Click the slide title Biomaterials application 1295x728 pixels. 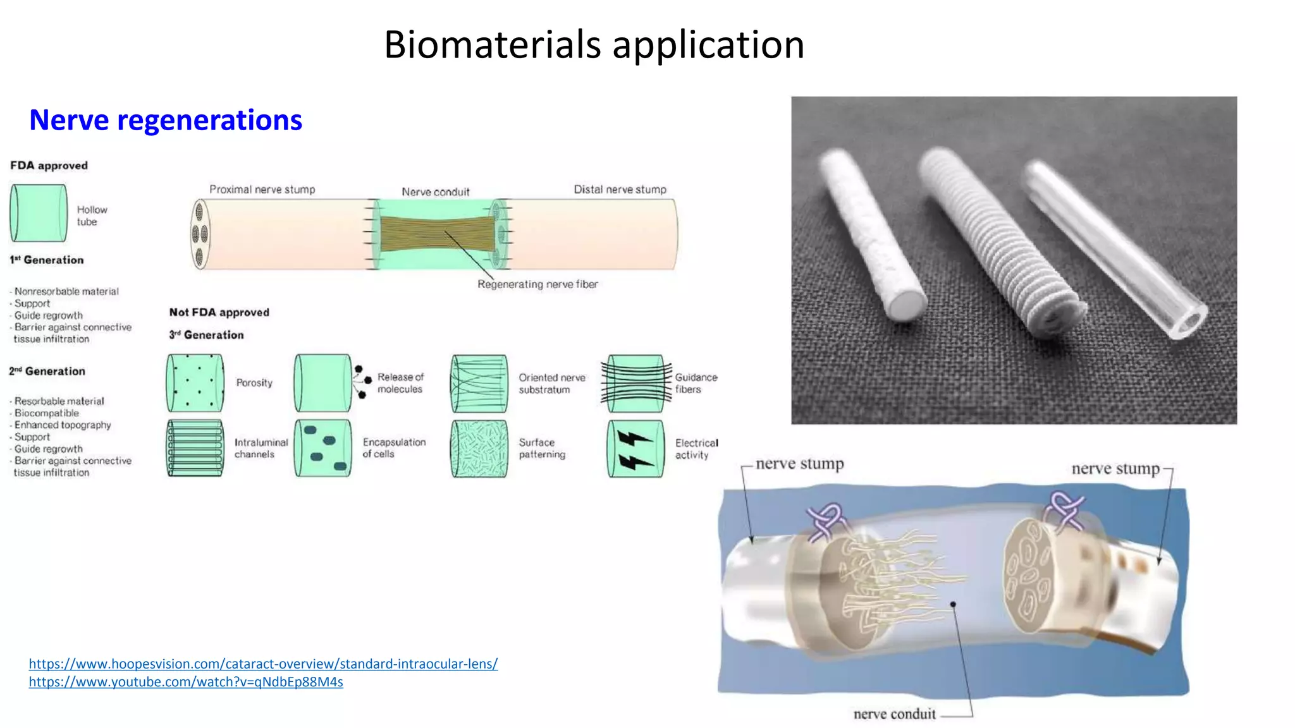coord(594,45)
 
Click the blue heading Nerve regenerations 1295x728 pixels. coord(166,120)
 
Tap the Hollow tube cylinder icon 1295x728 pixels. coord(39,213)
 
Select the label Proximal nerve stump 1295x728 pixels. coord(262,190)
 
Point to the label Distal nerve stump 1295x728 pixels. coord(620,190)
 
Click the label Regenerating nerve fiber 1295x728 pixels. coord(537,284)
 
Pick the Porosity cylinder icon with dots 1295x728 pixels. coord(195,383)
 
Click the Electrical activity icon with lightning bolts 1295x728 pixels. coord(635,449)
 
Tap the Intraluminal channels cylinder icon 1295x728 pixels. coord(195,448)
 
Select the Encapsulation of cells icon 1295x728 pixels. coord(322,448)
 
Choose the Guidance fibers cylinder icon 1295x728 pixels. coord(635,383)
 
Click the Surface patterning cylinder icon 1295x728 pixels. coord(479,448)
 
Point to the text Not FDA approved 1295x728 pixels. coord(219,312)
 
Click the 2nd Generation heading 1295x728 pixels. coord(47,372)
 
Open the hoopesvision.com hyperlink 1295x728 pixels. coord(263,664)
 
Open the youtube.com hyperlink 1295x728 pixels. coord(186,682)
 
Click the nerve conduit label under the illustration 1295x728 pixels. coord(894,714)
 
